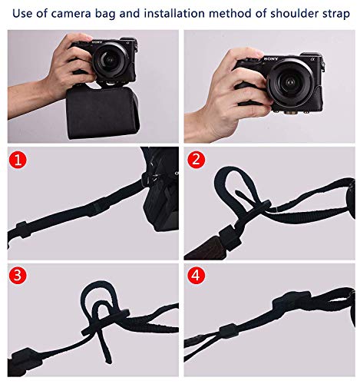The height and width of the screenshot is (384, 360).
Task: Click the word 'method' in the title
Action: coord(234,12)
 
